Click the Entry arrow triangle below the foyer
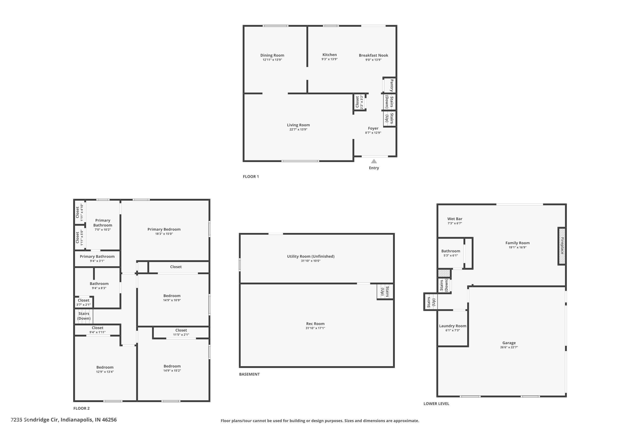tap(374, 161)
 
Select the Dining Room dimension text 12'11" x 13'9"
tap(272, 60)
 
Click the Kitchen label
tap(330, 55)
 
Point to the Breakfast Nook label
tap(373, 55)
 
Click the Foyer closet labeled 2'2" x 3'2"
tap(359, 102)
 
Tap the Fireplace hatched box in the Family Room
tap(562, 246)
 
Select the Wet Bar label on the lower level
tap(455, 219)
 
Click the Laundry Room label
tap(452, 326)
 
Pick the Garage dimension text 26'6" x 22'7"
tap(509, 347)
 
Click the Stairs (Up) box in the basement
tap(385, 292)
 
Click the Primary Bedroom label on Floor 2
tap(164, 229)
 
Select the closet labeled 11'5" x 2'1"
tap(181, 332)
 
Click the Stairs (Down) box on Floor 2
tap(84, 316)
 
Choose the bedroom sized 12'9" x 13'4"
tap(105, 369)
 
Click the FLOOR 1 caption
tap(251, 177)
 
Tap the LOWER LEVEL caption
tap(436, 404)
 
